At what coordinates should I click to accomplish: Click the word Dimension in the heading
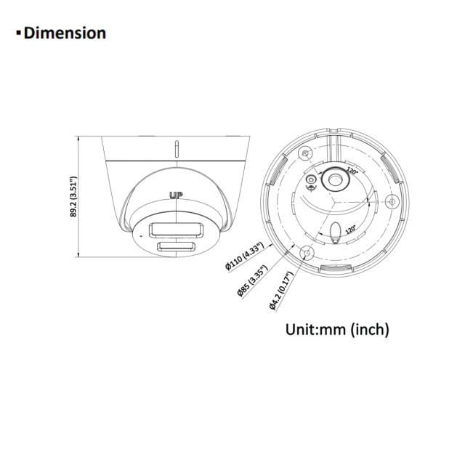(65, 33)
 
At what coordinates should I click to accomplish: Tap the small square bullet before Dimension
(18, 33)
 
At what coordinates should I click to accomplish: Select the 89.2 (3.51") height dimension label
(73, 197)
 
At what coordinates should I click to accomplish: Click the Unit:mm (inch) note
(336, 329)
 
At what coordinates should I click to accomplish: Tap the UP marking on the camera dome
(175, 195)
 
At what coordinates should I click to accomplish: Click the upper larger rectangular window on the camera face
(174, 230)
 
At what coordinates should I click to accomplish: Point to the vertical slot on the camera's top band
(177, 150)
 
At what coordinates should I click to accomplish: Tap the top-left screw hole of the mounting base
(306, 153)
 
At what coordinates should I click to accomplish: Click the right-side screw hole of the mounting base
(392, 201)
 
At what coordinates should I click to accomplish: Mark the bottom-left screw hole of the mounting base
(306, 253)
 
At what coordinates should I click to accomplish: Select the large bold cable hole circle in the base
(336, 177)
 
